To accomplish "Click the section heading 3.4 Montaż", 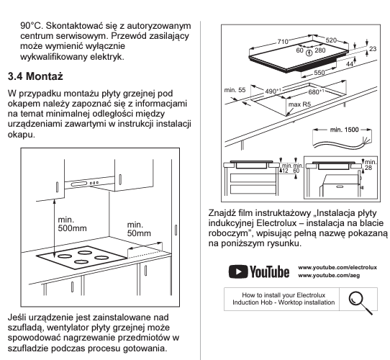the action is [35, 76].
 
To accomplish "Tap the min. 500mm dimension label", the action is [72, 224].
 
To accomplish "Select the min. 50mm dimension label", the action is [139, 229].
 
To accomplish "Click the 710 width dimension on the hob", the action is [283, 41].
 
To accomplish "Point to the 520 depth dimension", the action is [331, 40].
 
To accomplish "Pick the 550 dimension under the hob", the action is [319, 73].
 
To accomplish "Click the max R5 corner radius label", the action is [299, 104].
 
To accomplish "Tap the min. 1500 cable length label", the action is [344, 130].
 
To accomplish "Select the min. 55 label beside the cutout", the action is [235, 90].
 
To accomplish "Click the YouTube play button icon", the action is [238, 271].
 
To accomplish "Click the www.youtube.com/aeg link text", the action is [329, 275].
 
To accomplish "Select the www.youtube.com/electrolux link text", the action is [337, 267].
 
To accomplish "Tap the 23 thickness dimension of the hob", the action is [373, 49].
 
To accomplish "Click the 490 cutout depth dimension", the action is [273, 91].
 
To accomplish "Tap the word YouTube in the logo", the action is [269, 271].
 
